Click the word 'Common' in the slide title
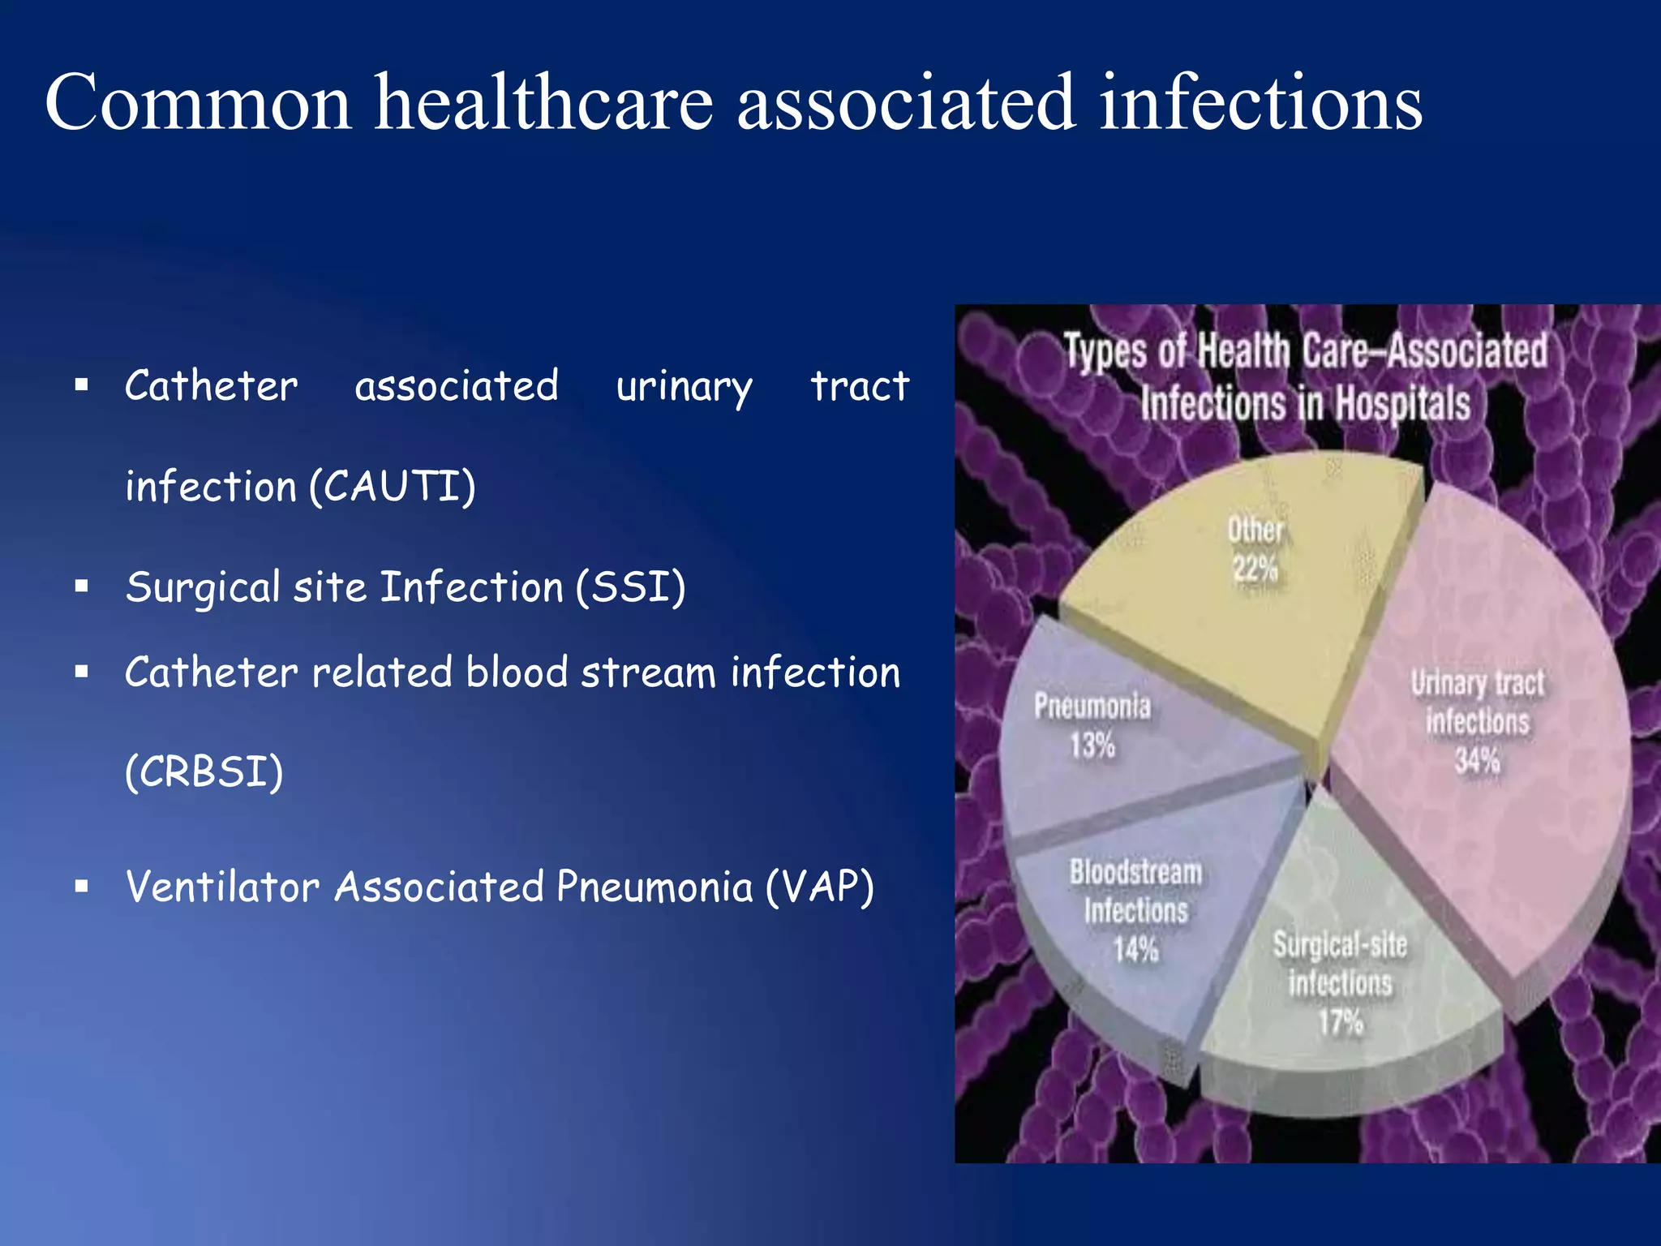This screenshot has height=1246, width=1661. coord(198,104)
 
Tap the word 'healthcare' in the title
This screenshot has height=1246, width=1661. coord(543,102)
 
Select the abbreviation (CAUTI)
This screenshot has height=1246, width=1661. coord(393,487)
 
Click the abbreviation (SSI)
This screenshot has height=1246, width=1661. coord(631,587)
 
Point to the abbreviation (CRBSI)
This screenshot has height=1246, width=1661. coord(204,771)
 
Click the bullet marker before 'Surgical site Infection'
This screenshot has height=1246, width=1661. coord(81,586)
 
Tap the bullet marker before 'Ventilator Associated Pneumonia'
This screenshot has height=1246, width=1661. coord(81,886)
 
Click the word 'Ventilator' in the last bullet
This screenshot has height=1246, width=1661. coord(222,887)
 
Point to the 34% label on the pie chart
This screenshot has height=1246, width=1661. coord(1477,761)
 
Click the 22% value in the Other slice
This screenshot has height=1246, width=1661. coord(1255,569)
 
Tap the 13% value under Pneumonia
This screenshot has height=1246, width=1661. coord(1092,745)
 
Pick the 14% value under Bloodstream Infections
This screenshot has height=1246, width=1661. coord(1135,949)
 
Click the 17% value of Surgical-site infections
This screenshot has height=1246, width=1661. coord(1340,1022)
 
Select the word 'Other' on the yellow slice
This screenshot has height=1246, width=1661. coord(1255,530)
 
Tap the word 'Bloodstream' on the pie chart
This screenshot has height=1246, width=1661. coord(1135,873)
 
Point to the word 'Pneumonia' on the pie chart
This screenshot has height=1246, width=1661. coord(1092,707)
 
